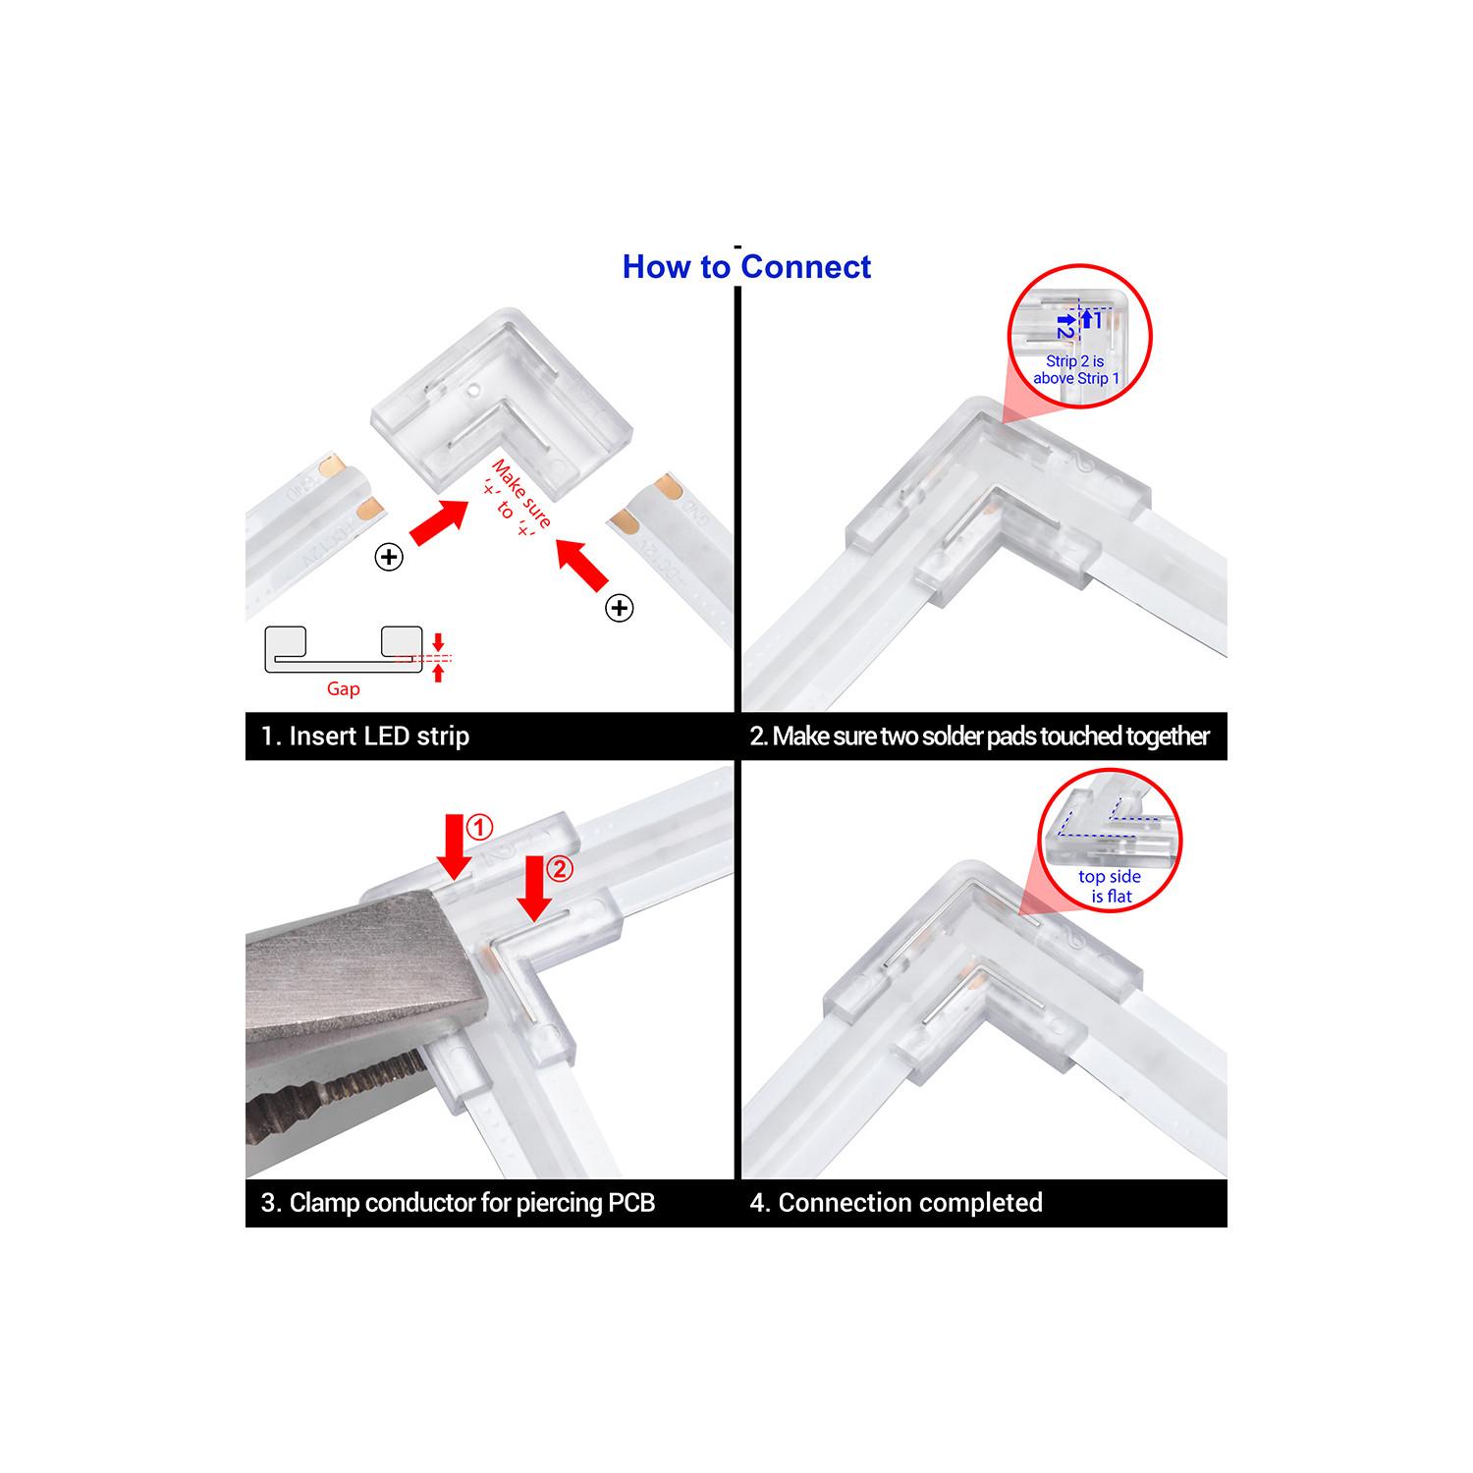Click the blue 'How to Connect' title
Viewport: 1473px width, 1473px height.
click(x=746, y=267)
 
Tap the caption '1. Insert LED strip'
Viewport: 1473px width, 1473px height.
click(x=365, y=736)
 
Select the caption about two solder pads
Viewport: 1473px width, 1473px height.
click(x=980, y=736)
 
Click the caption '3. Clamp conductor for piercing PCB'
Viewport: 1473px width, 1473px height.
click(x=458, y=1203)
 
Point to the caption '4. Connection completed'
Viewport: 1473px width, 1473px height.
click(x=896, y=1203)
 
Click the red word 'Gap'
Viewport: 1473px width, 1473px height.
click(x=344, y=689)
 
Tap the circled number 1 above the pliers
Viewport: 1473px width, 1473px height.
click(x=478, y=828)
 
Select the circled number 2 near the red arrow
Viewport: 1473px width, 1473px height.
click(x=558, y=869)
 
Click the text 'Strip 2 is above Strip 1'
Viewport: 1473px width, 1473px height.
click(x=1076, y=370)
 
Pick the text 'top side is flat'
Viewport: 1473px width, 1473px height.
click(x=1110, y=887)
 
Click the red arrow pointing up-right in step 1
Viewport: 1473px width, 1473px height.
click(x=439, y=521)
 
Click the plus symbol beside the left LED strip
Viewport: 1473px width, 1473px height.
click(x=390, y=558)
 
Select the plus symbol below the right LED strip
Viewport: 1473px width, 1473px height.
click(x=619, y=609)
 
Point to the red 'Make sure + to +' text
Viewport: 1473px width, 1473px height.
click(x=513, y=499)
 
